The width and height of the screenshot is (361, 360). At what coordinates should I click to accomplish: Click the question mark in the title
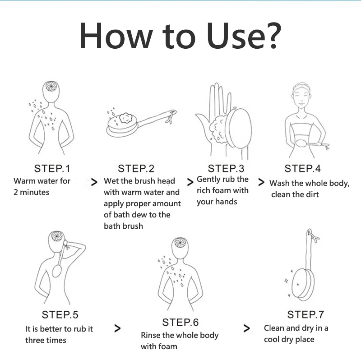273,36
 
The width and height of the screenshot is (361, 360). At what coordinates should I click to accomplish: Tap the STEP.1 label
52,168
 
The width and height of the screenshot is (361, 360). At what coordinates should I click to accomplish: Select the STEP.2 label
136,168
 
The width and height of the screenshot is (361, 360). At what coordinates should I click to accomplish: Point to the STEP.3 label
226,168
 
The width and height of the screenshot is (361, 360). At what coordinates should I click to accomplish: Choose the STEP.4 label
302,168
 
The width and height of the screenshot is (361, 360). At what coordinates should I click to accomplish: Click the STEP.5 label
60,314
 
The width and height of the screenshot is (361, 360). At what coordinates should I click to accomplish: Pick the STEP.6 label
180,322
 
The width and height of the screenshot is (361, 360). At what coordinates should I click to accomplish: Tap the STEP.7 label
305,314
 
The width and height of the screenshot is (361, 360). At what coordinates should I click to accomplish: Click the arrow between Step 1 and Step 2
94,182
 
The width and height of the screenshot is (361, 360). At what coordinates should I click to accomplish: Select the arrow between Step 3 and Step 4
261,182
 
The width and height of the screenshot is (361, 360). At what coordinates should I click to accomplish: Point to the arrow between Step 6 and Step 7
246,328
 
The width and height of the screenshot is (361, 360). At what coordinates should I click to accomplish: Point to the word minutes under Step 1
35,192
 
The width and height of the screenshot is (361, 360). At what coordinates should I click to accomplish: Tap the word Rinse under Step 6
151,335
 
